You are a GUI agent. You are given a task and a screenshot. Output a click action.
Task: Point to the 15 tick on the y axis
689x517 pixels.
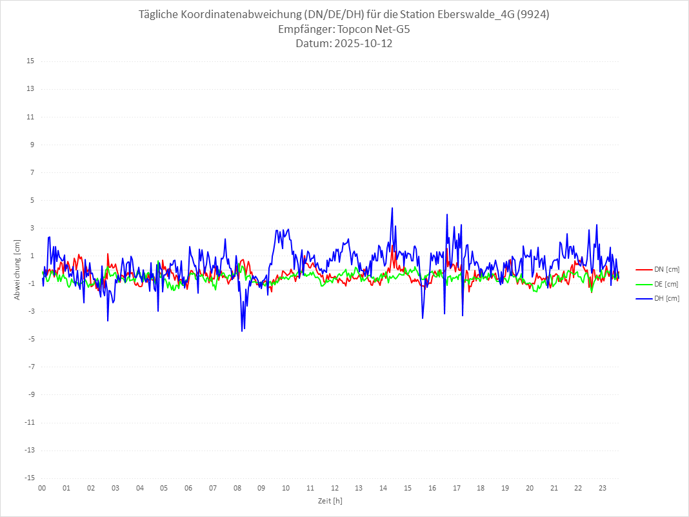coord(30,61)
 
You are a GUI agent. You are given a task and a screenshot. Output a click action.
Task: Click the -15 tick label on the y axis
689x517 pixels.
coord(29,478)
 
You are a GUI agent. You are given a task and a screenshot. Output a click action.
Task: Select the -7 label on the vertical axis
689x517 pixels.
coord(30,367)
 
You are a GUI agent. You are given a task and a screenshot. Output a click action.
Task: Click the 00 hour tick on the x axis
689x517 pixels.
coord(42,488)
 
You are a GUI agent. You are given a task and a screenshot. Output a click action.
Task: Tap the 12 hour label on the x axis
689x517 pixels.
coord(335,488)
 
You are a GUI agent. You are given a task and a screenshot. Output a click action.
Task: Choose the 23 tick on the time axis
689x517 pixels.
coord(603,488)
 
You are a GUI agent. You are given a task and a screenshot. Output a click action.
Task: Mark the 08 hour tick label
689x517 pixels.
coord(237,488)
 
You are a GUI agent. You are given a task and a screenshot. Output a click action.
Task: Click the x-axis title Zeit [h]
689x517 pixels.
coord(330,501)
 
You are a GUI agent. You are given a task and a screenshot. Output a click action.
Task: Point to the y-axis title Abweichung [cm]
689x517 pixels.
coord(17,269)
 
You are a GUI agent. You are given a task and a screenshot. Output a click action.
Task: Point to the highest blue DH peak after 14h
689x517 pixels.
coord(392,208)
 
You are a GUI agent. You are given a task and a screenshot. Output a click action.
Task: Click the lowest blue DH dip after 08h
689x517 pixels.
coord(242,331)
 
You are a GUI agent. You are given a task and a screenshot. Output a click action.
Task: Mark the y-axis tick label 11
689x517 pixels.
coord(30,117)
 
